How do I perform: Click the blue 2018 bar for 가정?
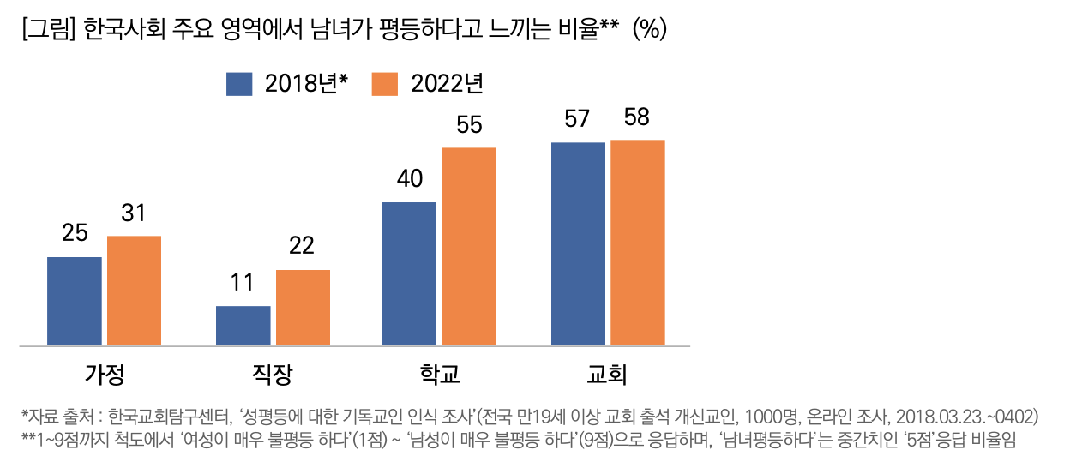click(75, 301)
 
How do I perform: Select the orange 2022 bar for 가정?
click(134, 291)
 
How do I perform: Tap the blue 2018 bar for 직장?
click(243, 326)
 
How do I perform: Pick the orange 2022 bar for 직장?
click(303, 308)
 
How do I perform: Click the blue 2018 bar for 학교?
click(410, 273)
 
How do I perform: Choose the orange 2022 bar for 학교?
click(469, 247)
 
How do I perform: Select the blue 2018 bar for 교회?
click(578, 244)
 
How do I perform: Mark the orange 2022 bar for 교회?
click(638, 243)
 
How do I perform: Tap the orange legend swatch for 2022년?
click(386, 84)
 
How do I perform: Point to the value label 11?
click(243, 283)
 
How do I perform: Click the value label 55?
click(469, 126)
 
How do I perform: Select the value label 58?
click(637, 117)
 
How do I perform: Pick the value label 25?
click(75, 233)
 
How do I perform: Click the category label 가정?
click(104, 375)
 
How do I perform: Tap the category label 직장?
click(272, 375)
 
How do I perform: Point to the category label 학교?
click(440, 375)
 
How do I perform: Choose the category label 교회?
click(607, 375)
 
